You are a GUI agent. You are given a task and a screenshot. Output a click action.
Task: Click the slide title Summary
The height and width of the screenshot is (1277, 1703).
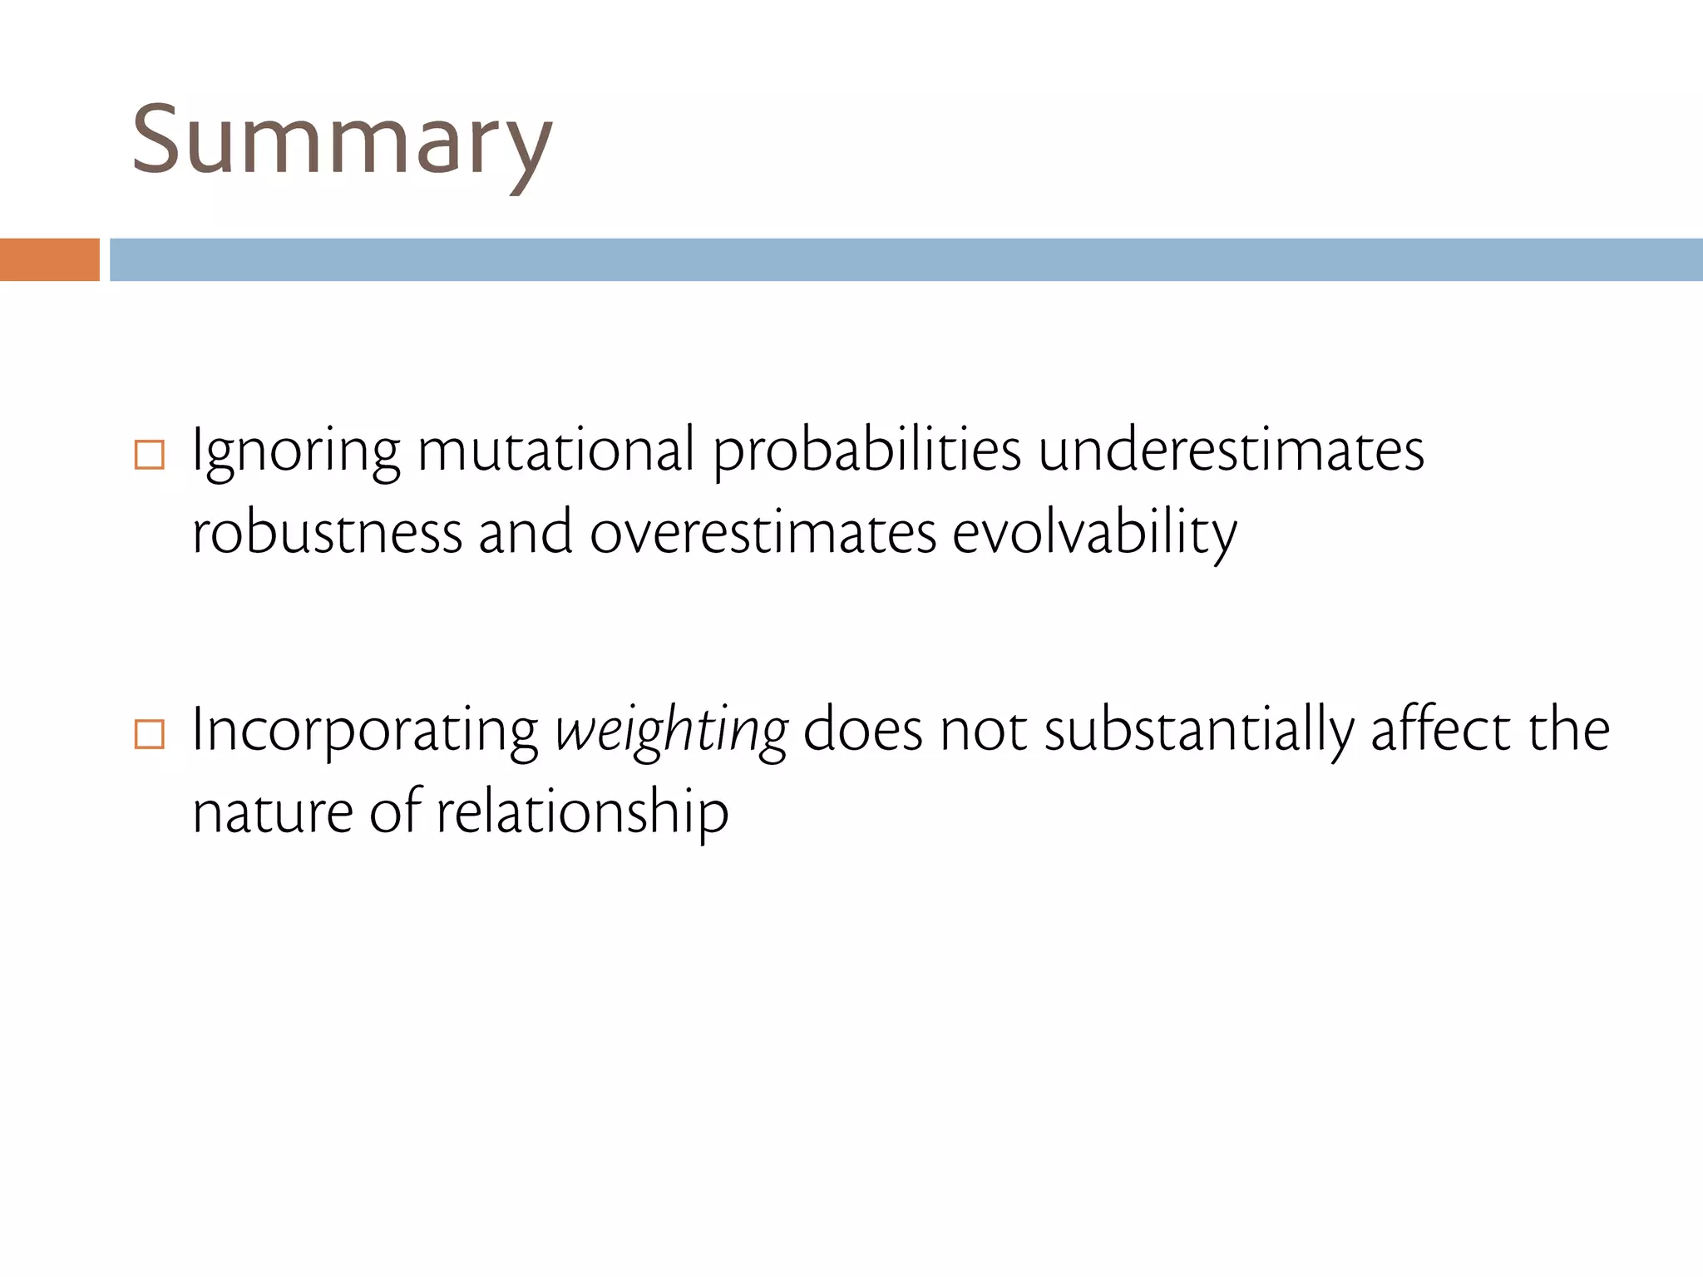tap(342, 141)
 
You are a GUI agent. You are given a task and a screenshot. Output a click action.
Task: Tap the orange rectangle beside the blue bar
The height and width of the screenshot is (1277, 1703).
tap(49, 259)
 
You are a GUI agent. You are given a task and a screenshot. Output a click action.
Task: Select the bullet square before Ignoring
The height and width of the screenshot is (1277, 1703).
tap(150, 455)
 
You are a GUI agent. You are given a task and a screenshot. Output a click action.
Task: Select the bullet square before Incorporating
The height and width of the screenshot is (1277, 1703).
tap(150, 734)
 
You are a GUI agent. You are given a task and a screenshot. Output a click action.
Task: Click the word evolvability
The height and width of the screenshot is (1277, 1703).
tap(1094, 534)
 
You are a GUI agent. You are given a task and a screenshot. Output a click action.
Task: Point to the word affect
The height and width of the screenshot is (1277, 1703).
tap(1439, 730)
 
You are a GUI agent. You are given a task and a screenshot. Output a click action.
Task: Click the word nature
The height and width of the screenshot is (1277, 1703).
tap(274, 813)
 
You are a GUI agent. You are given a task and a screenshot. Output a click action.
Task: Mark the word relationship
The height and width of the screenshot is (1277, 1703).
tap(582, 813)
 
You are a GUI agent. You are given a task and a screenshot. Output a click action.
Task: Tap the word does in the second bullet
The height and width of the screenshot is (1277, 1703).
tap(862, 730)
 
